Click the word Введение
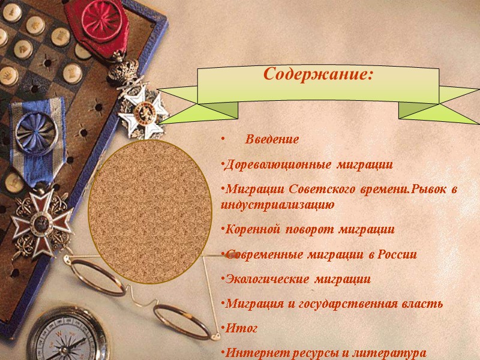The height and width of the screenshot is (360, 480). pos(272,140)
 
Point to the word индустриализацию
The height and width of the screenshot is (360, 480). pos(277,205)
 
